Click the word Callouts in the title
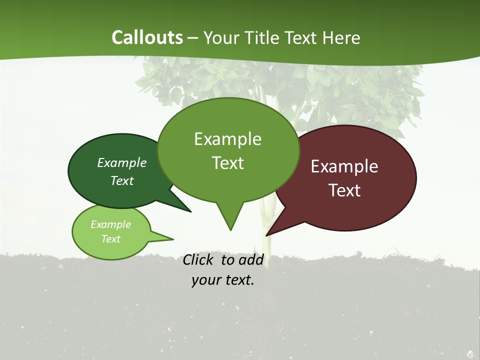(147, 38)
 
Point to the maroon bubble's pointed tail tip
(266, 235)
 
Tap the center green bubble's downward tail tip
(230, 230)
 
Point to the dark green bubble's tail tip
(190, 211)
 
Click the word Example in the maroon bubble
(344, 166)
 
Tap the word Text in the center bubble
(228, 163)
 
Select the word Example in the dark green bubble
(122, 163)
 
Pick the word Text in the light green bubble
(110, 239)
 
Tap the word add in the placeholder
(250, 259)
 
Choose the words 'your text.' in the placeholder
(223, 280)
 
